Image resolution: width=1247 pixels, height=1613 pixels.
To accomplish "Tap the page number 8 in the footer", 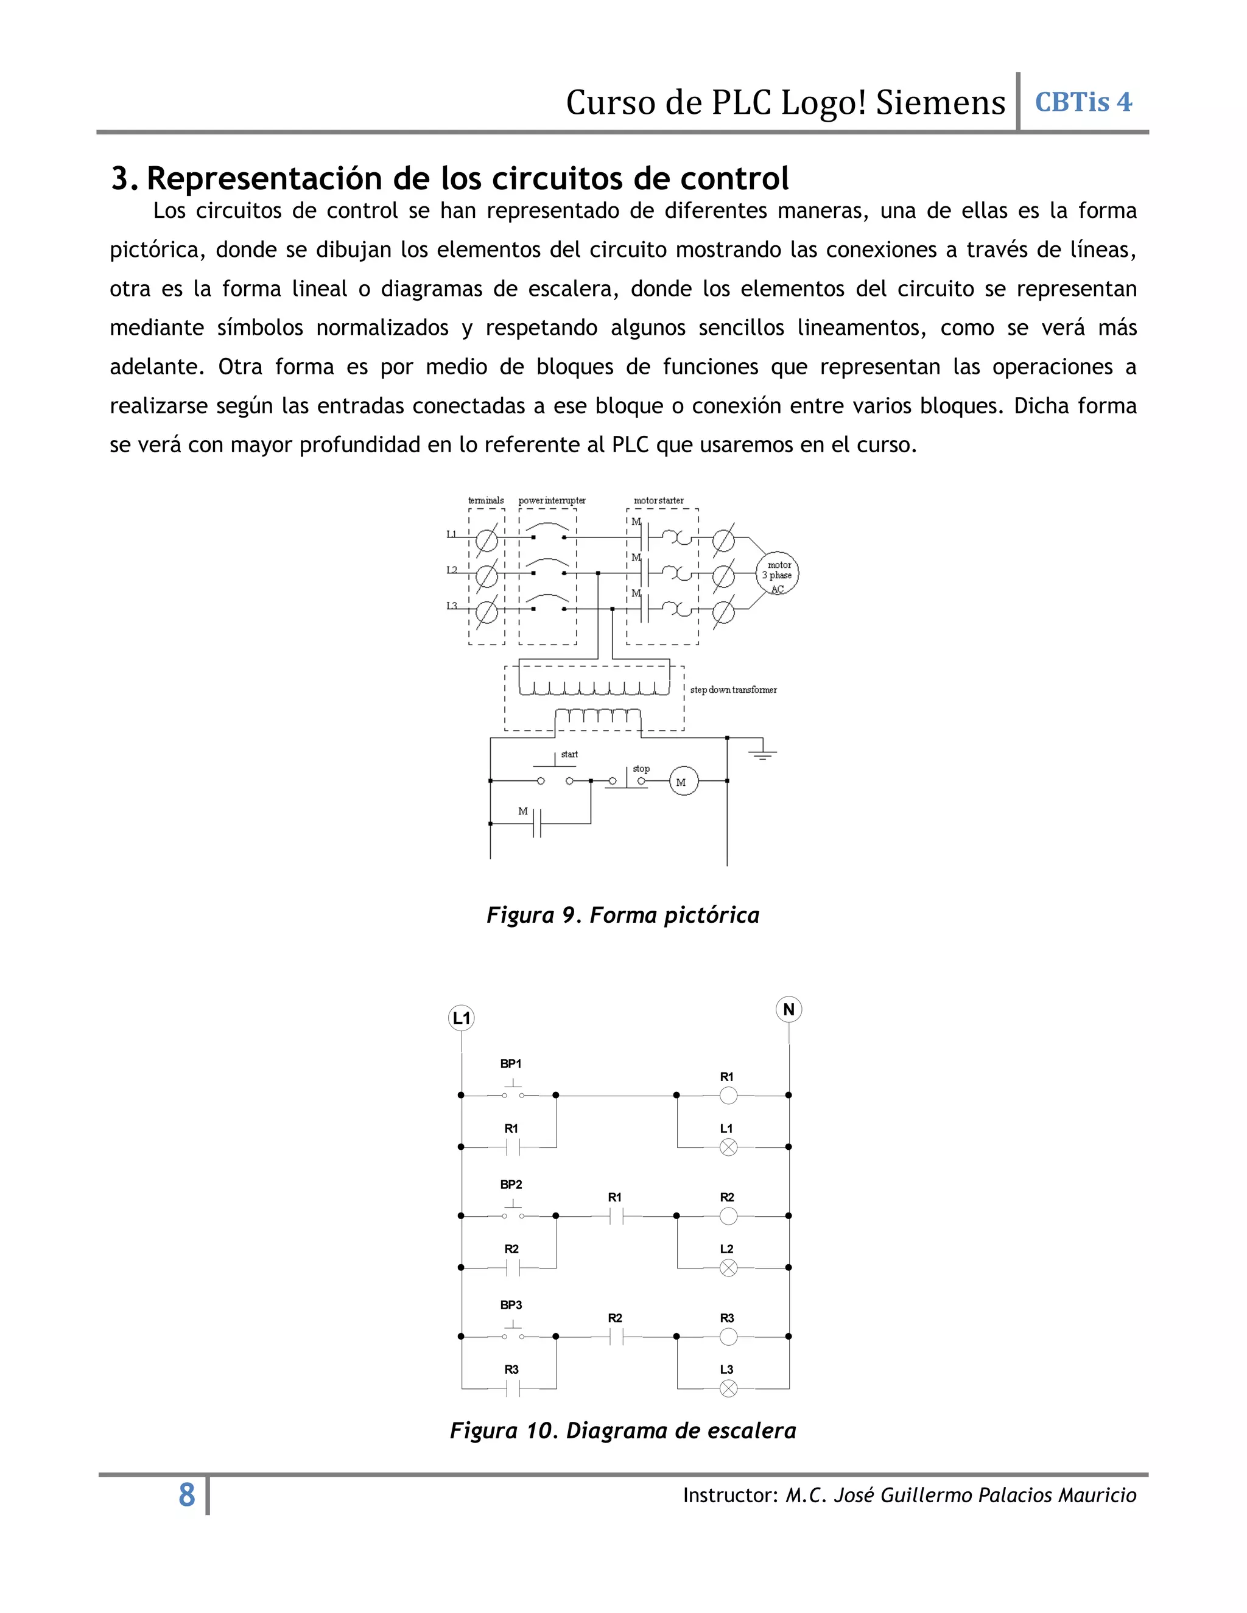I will click(187, 1495).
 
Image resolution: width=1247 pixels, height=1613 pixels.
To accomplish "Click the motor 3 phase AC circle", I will click(777, 574).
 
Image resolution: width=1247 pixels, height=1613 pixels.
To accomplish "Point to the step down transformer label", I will click(733, 690).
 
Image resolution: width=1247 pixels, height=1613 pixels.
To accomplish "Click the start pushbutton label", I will click(569, 754).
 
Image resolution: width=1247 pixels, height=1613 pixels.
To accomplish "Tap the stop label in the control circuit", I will click(641, 768).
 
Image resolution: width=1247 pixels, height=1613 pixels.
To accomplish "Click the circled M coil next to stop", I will click(683, 782).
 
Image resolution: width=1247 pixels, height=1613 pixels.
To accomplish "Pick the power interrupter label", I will click(552, 501).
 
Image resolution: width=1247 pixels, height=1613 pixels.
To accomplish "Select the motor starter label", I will click(658, 501).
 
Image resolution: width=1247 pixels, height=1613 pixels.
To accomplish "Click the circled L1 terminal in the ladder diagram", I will click(462, 1018).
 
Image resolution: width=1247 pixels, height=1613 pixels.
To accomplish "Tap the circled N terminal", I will click(789, 1010).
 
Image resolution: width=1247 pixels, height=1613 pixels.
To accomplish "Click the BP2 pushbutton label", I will click(511, 1184).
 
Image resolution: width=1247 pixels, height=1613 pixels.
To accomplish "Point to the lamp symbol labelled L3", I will click(728, 1389).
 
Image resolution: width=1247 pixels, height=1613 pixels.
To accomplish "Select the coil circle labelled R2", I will click(728, 1216).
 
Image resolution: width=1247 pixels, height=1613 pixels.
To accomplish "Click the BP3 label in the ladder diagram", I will click(511, 1305).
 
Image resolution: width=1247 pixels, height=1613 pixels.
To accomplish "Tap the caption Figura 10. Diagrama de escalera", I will click(622, 1430).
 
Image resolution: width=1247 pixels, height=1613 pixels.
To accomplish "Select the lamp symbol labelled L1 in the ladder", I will click(728, 1147).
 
